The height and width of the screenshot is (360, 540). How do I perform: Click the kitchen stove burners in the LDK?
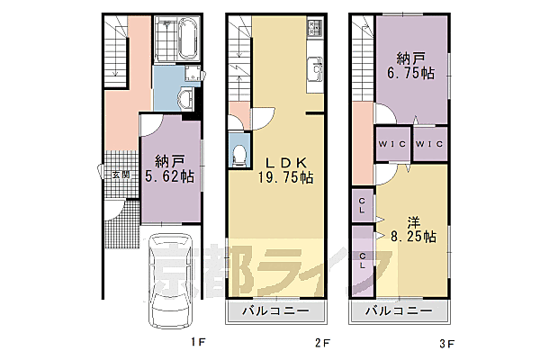[x=315, y=27]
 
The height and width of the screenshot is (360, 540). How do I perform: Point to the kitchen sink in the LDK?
[x=315, y=68]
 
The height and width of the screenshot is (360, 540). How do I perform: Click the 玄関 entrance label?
[x=121, y=175]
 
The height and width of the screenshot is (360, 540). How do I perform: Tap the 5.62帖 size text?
[x=169, y=176]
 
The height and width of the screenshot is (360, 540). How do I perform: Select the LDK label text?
[x=285, y=162]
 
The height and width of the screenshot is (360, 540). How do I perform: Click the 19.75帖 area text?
[x=286, y=177]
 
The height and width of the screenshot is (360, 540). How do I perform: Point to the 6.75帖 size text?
[x=411, y=74]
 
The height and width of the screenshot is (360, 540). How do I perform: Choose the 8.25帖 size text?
[x=413, y=237]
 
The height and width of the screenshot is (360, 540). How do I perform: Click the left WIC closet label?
[x=391, y=144]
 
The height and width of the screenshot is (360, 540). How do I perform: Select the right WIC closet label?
[x=429, y=144]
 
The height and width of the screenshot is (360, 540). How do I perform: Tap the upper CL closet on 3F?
[x=362, y=205]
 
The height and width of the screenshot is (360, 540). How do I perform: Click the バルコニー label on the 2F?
[x=276, y=311]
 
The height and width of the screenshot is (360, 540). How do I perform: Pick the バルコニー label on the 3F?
[x=399, y=311]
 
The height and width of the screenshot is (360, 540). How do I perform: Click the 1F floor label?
[x=198, y=342]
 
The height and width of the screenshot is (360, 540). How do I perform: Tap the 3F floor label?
[x=447, y=344]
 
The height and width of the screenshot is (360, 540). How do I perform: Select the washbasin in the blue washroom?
[x=186, y=98]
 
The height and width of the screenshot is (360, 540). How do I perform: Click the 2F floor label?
[x=323, y=343]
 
